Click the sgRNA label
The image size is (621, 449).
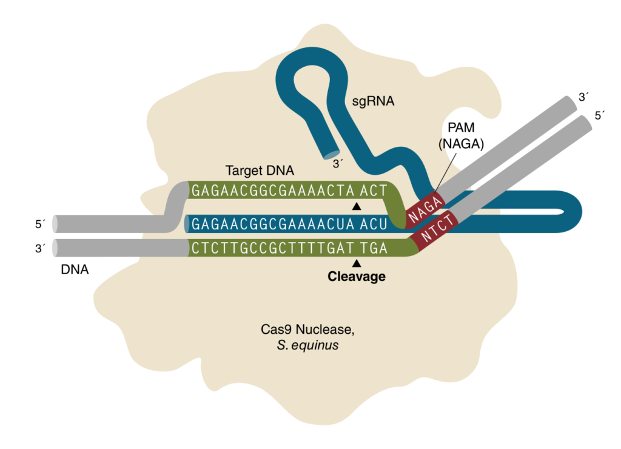tap(373, 101)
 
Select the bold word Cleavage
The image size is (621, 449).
tap(357, 277)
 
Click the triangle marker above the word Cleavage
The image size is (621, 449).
tap(357, 263)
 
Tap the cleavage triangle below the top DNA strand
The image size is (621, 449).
tap(357, 208)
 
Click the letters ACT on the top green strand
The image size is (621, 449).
tap(373, 191)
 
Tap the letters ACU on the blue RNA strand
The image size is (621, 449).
tap(373, 224)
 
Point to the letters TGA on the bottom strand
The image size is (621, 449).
tap(374, 248)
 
